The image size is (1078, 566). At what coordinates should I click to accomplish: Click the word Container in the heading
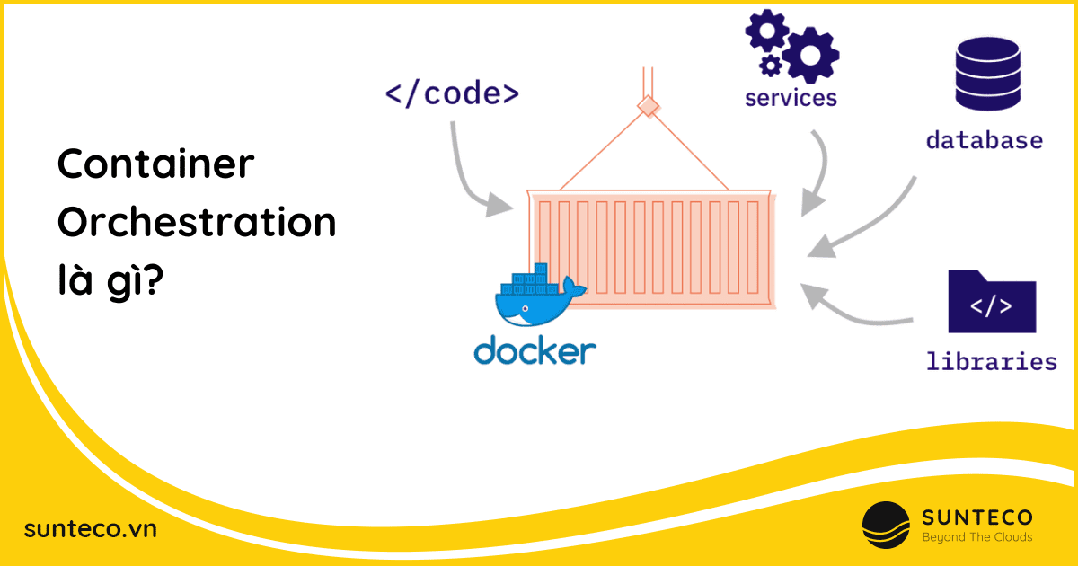tap(156, 167)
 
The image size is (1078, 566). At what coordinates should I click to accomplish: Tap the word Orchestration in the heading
tap(197, 224)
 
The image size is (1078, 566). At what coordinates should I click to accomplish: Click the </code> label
tap(452, 93)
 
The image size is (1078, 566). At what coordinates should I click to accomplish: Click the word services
tap(791, 96)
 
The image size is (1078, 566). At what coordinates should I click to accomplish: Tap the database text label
tap(984, 140)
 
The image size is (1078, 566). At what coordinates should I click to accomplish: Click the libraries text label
tap(992, 362)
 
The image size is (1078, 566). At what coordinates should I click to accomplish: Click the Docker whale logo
tap(537, 296)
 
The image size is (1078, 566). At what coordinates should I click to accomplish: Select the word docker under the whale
tap(535, 350)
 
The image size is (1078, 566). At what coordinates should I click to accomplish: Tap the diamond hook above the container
tap(646, 108)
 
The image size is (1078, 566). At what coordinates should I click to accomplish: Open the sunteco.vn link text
tap(91, 529)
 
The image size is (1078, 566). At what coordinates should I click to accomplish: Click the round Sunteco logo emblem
tap(886, 526)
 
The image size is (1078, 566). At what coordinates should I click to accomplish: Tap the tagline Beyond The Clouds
tap(977, 537)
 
